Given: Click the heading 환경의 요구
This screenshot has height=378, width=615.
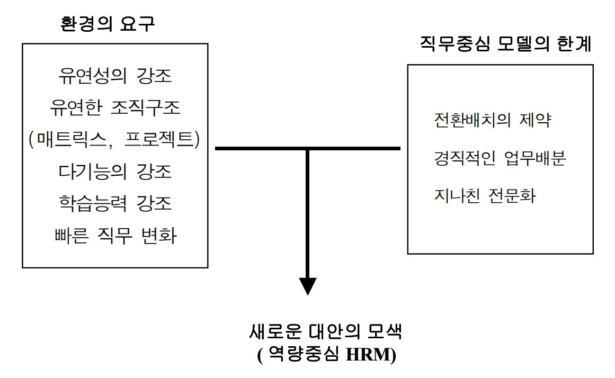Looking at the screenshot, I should [108, 25].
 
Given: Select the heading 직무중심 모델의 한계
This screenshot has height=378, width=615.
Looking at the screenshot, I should [505, 43].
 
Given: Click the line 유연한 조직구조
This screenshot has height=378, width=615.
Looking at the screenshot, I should [114, 109].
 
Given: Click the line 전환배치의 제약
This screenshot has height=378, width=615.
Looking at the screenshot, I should [493, 120].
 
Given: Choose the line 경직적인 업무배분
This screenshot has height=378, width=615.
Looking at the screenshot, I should [500, 158].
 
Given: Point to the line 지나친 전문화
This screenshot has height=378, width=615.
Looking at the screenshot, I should [484, 196].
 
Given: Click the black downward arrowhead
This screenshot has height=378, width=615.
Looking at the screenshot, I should [307, 285].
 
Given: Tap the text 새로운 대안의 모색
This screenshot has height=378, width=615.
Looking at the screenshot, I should [326, 332].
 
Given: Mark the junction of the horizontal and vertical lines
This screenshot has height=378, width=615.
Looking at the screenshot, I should [307, 149].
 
